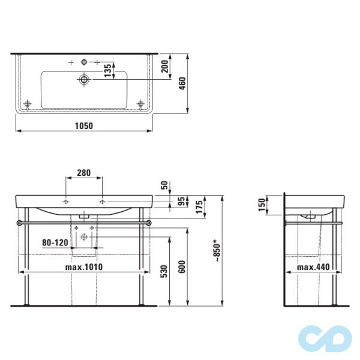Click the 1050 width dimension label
[x=83, y=125]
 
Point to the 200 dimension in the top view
[x=164, y=66]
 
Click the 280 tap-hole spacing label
[x=83, y=173]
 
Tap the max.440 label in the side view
[x=310, y=267]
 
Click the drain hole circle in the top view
[x=84, y=79]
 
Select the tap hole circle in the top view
[x=83, y=62]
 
